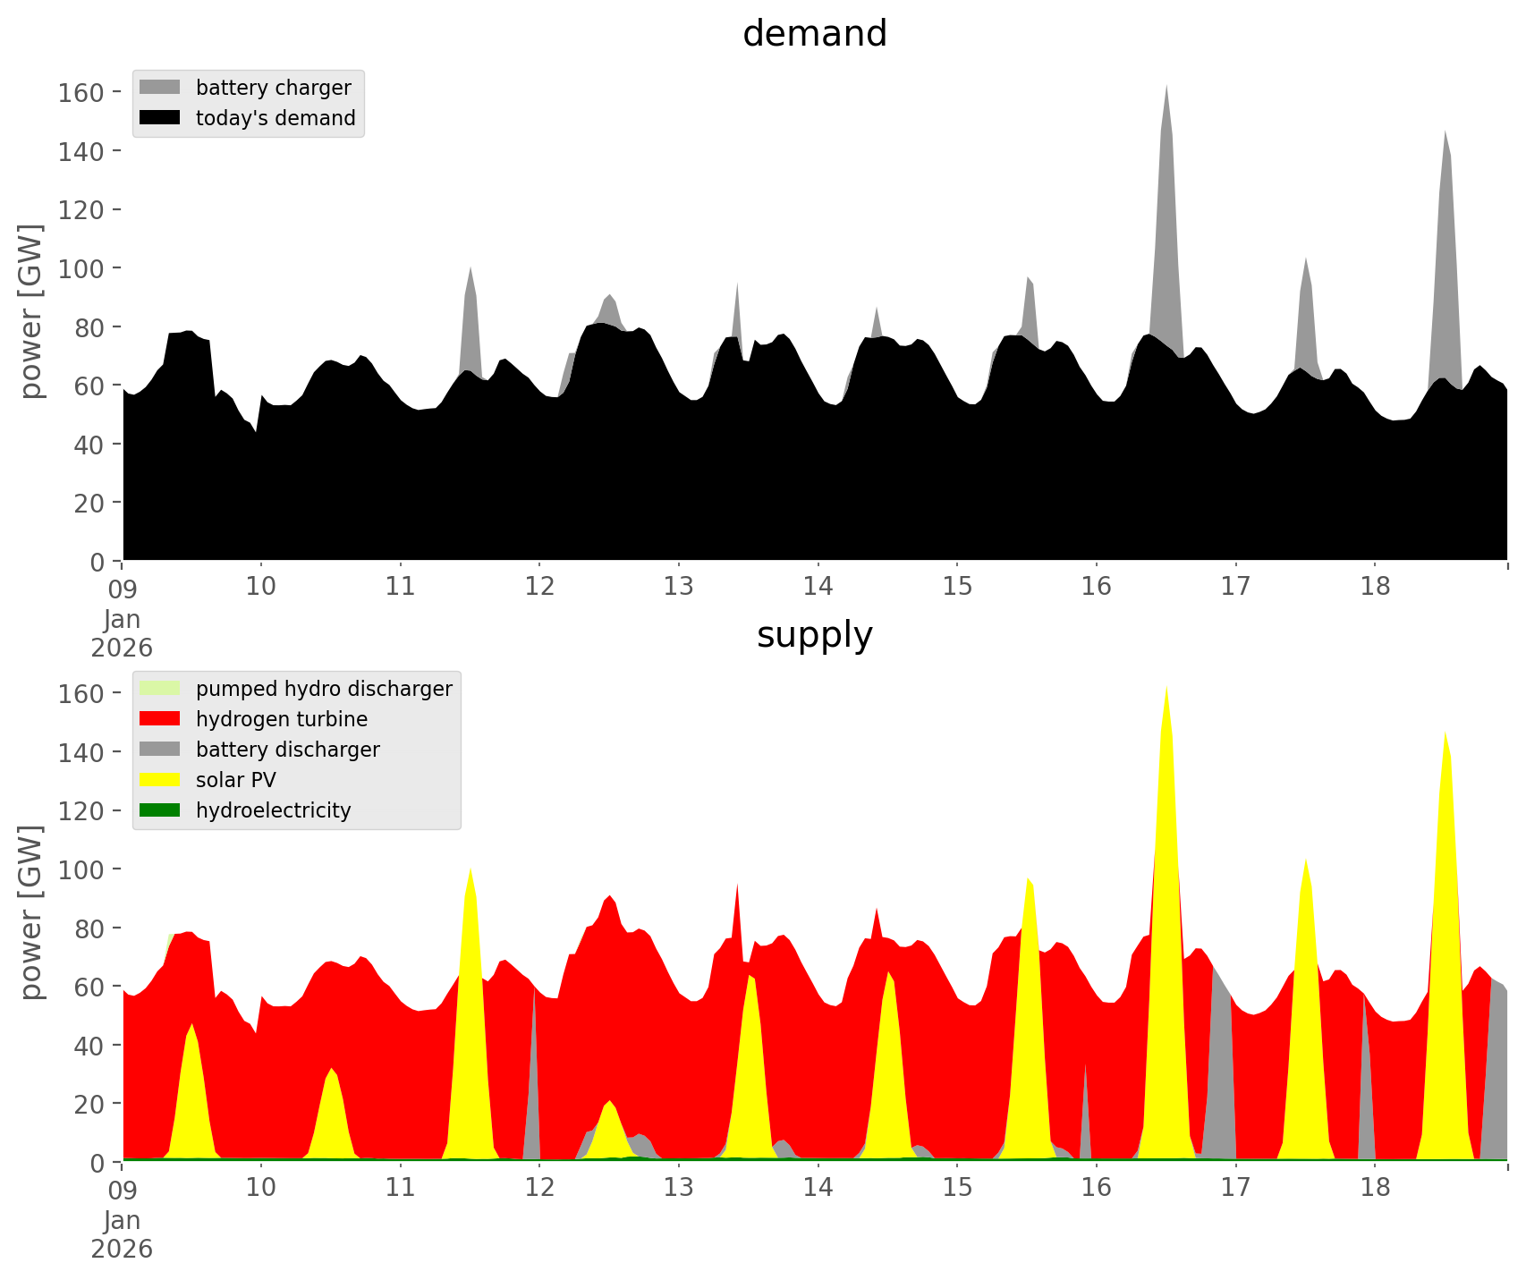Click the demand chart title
(814, 34)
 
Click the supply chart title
(814, 635)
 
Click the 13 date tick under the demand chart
(679, 587)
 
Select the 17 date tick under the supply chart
(1235, 1188)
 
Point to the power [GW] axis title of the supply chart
(31, 912)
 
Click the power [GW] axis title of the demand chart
(31, 311)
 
